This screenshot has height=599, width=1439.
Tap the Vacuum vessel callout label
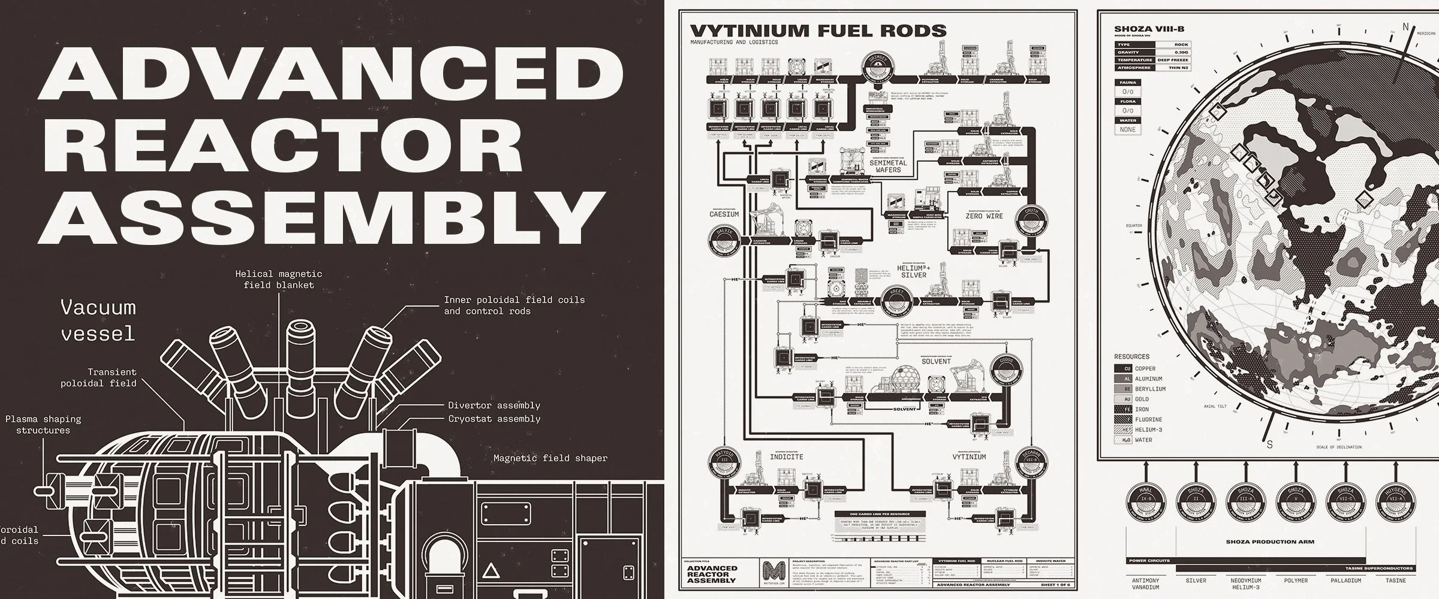click(98, 320)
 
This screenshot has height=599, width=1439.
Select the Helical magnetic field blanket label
click(278, 279)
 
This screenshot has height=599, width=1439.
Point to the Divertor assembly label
click(494, 406)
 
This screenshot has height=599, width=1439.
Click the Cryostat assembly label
click(494, 419)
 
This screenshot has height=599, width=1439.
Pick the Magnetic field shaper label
click(550, 458)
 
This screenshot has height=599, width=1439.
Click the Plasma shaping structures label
click(43, 424)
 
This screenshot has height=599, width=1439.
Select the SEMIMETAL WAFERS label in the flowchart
click(887, 166)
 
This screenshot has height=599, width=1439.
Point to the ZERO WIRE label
click(984, 216)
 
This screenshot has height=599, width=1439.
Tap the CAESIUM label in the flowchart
click(724, 214)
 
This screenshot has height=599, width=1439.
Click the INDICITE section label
click(786, 457)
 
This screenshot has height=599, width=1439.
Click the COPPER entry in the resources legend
click(1145, 368)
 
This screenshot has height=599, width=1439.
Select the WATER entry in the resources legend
click(1143, 440)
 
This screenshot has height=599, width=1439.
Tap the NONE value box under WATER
click(1127, 129)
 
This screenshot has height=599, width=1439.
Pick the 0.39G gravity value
click(1181, 53)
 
